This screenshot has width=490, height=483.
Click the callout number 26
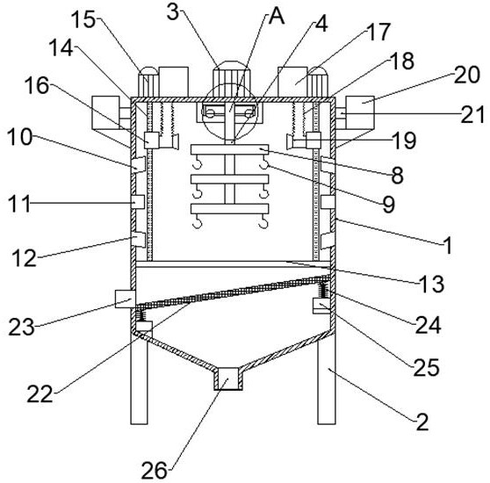[154, 471]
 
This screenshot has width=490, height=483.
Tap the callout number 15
[83, 20]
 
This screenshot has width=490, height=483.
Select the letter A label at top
[277, 16]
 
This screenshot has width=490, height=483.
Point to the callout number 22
[40, 394]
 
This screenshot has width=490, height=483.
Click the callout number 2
[422, 422]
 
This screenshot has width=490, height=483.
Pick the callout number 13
[431, 284]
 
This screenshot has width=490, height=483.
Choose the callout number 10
[19, 137]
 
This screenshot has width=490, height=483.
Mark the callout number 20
[467, 75]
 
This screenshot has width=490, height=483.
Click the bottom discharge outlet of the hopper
[228, 378]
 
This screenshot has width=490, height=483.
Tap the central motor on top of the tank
[232, 79]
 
